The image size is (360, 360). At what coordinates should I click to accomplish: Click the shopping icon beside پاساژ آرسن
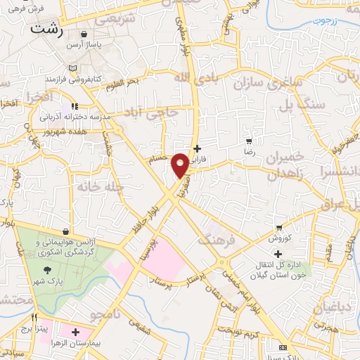coord(84,34)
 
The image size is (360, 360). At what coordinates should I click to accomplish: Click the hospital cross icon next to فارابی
coord(197,148)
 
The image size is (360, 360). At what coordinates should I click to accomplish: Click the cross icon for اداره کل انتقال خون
coord(278,254)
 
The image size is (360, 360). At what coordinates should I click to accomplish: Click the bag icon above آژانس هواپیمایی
coord(65,231)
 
